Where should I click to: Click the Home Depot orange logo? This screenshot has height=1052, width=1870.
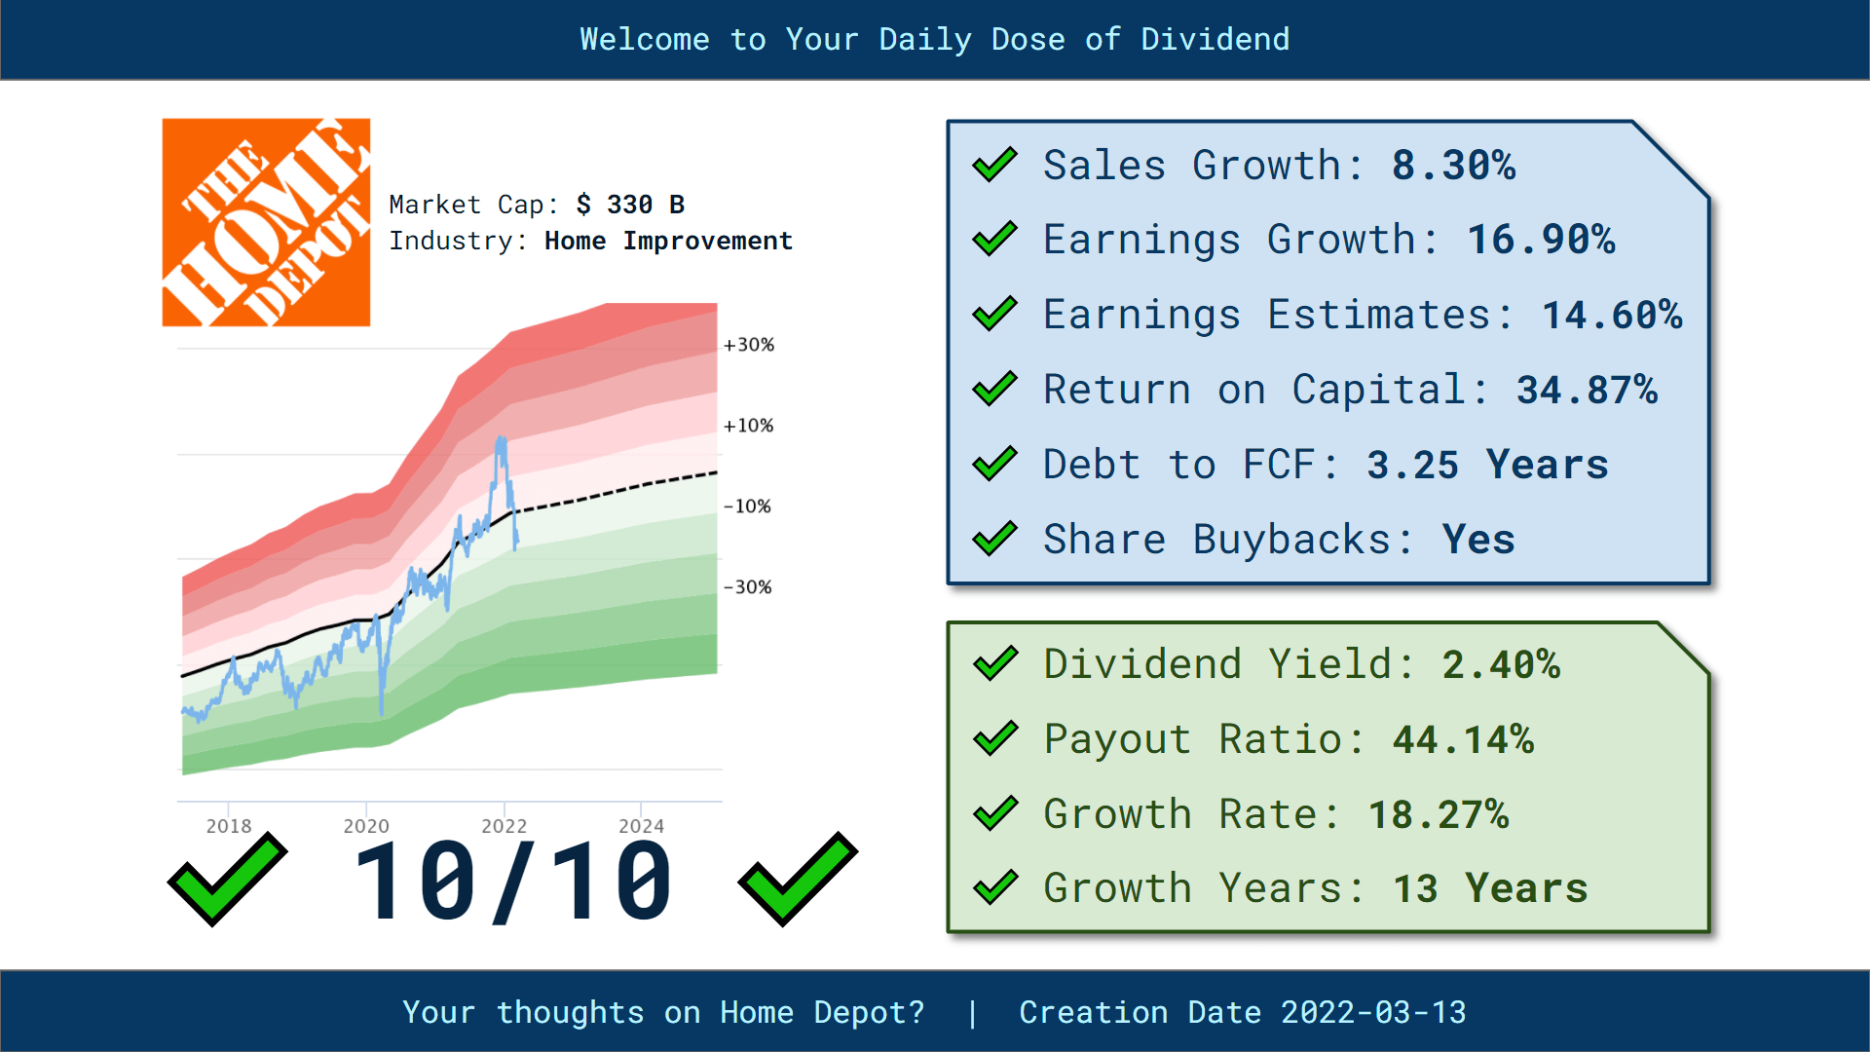266,222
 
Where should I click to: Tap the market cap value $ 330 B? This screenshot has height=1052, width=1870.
630,205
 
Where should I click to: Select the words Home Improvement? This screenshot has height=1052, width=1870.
668,241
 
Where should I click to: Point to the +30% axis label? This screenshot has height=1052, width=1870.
749,345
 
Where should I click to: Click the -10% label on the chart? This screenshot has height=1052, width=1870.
748,507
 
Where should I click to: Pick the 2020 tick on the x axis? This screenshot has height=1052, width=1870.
366,825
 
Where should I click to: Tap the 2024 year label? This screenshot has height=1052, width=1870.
641,825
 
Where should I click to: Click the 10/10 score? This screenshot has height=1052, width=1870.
513,883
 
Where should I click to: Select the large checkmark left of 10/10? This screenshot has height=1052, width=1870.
228,879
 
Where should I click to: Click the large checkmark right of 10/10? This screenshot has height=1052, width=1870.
798,879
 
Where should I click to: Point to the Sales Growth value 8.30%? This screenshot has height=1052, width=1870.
1453,166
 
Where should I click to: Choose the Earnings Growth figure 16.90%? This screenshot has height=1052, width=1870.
1541,240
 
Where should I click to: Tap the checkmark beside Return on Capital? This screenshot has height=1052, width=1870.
994,390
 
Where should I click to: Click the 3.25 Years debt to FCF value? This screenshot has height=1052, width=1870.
1487,465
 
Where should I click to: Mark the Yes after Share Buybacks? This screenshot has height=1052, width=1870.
1478,540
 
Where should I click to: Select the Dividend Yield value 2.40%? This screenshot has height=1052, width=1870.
1501,664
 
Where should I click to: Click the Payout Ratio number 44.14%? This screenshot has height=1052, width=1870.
1463,739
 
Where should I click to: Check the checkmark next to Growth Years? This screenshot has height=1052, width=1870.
995,888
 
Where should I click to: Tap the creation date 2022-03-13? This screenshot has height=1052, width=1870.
1373,1012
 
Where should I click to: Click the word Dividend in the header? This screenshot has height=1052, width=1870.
1215,39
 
